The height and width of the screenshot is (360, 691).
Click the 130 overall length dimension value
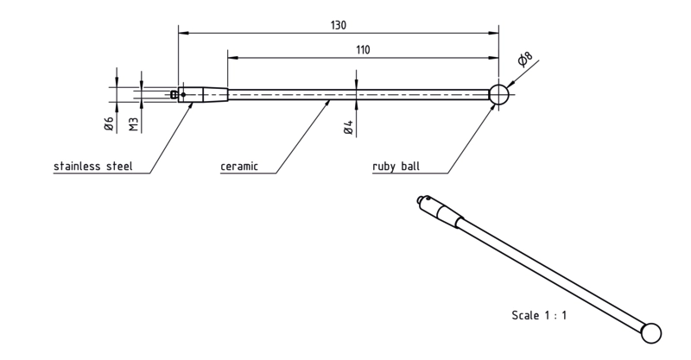[x=338, y=25]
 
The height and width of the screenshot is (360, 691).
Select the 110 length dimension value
[x=363, y=50]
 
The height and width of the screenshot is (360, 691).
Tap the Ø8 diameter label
[x=524, y=59]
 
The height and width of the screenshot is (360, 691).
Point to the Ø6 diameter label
[x=109, y=123]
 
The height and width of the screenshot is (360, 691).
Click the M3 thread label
[x=134, y=124]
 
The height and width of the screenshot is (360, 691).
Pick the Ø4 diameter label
[x=348, y=127]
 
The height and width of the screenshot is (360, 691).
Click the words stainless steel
[x=93, y=166]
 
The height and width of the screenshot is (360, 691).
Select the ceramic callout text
[x=239, y=166]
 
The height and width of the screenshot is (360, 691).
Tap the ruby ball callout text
[x=396, y=166]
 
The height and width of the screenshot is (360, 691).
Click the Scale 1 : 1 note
[x=539, y=315]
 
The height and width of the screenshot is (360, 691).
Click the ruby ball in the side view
[x=499, y=95]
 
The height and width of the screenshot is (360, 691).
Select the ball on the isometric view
[x=651, y=333]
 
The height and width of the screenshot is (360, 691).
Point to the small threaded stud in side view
[x=174, y=94]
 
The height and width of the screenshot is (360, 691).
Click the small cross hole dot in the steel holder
[x=183, y=94]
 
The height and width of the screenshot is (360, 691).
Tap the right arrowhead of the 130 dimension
[x=493, y=33]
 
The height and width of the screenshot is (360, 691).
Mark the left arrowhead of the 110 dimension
[x=233, y=58]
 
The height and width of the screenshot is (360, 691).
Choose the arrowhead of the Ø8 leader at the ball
[x=511, y=83]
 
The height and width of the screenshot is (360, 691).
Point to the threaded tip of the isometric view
[x=419, y=200]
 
